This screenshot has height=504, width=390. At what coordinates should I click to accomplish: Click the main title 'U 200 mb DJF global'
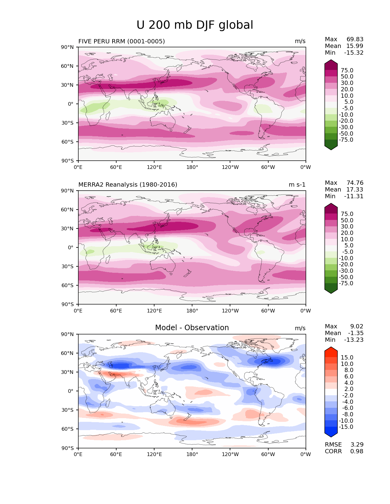195,25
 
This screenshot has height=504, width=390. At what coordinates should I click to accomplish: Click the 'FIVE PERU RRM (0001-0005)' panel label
121,41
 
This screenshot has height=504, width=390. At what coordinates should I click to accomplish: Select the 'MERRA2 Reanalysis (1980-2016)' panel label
128,184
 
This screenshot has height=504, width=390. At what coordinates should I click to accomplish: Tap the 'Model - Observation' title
192,328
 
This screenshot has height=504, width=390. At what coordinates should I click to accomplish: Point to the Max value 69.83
355,39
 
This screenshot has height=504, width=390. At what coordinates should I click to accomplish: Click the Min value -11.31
354,196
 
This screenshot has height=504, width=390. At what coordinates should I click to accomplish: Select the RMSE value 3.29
357,444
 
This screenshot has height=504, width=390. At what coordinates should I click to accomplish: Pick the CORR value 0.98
357,451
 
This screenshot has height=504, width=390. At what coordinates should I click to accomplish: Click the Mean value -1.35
355,333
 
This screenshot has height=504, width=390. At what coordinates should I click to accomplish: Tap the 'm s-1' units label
297,184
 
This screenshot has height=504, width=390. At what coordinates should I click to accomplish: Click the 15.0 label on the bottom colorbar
347,357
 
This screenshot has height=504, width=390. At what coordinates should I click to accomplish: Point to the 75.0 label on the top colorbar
347,70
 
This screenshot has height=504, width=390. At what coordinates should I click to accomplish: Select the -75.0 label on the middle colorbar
346,283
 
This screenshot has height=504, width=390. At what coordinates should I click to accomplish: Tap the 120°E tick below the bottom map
154,454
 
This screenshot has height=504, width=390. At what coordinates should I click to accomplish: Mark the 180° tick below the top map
192,167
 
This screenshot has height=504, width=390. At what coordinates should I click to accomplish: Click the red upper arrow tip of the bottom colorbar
331,349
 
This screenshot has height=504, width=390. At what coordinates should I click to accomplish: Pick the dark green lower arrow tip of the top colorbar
331,148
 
